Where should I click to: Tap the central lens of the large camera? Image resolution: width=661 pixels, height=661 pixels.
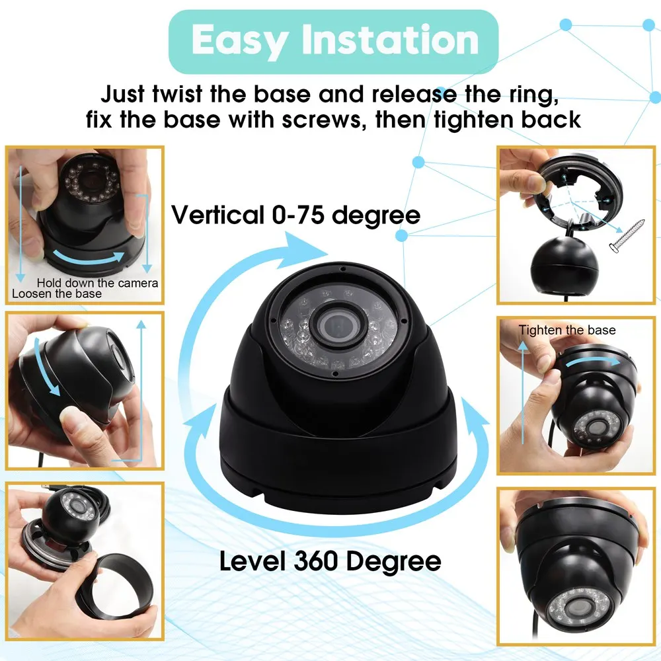click(335, 325)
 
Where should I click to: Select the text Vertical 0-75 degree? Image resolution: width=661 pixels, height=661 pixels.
click(295, 215)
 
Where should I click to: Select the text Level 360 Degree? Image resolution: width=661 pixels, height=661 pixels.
click(330, 561)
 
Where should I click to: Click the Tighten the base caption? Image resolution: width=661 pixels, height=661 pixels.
click(566, 330)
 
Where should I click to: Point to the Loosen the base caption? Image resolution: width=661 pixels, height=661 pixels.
click(57, 293)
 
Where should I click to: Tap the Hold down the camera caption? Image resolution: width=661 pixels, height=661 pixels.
click(97, 283)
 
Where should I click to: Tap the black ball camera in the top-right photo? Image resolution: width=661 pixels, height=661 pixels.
click(562, 264)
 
